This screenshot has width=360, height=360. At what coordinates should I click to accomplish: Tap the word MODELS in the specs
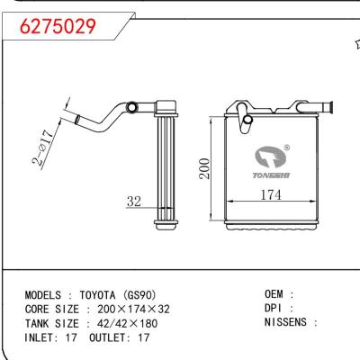42,294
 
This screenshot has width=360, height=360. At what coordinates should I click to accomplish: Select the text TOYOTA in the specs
104,294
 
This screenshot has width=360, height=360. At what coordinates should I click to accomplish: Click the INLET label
40,337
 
